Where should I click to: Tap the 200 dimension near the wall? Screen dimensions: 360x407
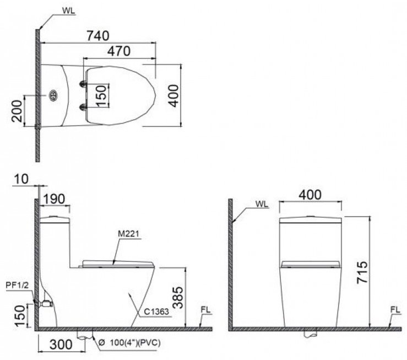[17, 112]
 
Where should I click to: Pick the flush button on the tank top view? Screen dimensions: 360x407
[53, 95]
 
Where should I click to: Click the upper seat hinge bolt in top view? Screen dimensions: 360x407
[83, 84]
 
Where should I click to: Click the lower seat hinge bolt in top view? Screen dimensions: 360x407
[83, 106]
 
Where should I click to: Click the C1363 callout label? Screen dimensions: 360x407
[157, 311]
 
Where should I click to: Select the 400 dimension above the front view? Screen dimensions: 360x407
[311, 195]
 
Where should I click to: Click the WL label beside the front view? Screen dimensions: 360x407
[262, 203]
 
